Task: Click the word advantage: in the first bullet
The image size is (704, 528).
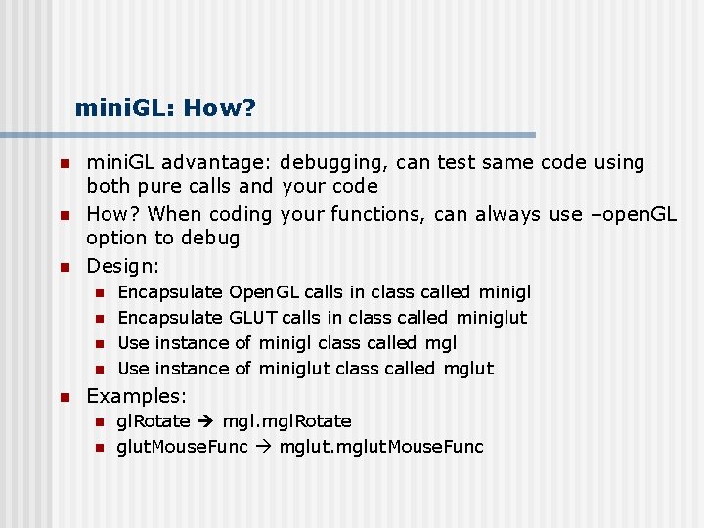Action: tap(220, 163)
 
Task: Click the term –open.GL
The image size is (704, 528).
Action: tap(632, 213)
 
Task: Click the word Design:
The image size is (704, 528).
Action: tap(123, 266)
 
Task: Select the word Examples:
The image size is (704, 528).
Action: tap(137, 396)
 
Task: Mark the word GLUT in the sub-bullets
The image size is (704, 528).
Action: tap(253, 318)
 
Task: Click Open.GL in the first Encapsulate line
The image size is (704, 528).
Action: tap(264, 292)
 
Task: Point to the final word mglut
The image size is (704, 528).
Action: tap(468, 369)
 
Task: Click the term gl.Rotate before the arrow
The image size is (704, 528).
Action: tap(154, 421)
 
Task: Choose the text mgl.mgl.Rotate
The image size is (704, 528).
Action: tap(287, 421)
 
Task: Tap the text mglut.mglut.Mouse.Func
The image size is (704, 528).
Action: tap(381, 447)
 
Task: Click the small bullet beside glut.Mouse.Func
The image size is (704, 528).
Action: tap(98, 448)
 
